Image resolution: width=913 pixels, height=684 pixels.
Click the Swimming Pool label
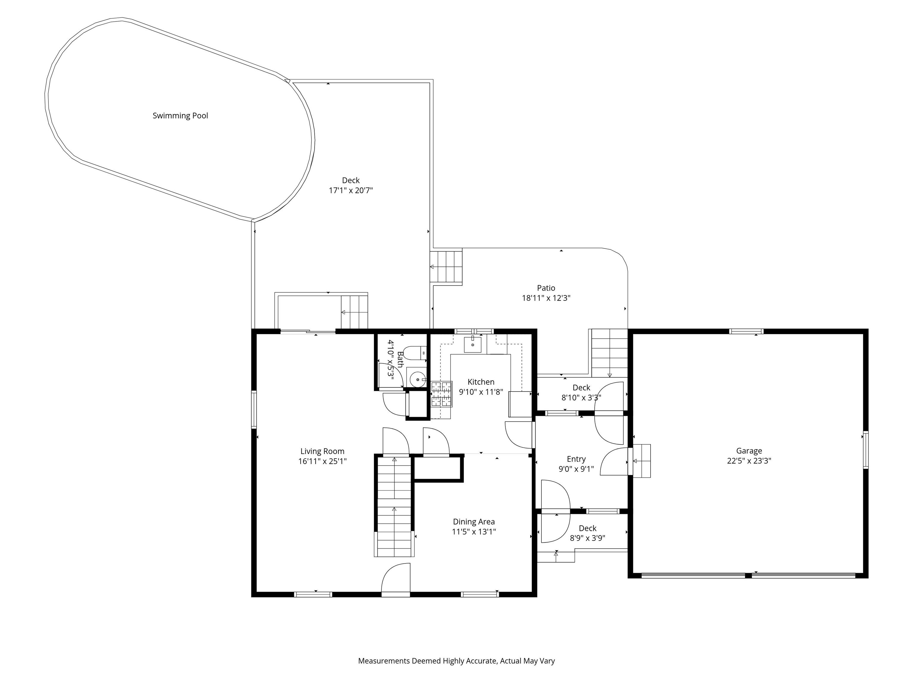point(180,116)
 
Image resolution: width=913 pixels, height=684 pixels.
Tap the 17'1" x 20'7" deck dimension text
point(350,191)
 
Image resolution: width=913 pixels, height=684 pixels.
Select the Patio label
point(546,288)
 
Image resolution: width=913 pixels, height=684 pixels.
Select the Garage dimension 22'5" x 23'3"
point(749,461)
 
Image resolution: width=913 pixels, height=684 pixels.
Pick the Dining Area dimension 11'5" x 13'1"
point(473,532)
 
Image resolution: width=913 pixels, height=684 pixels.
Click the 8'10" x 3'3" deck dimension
point(581,398)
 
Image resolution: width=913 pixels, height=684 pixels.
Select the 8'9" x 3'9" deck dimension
point(587,538)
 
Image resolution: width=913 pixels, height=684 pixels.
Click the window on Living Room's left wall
point(254,409)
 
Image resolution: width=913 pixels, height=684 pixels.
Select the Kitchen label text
point(481,382)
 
